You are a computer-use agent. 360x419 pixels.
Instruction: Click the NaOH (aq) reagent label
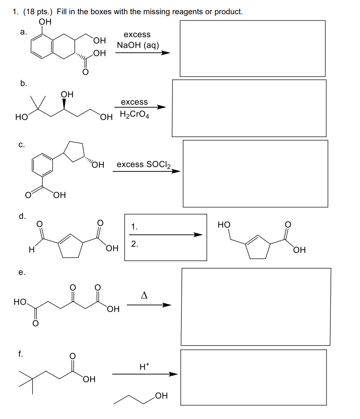click(x=138, y=45)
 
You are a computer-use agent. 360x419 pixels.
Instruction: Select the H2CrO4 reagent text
click(x=134, y=114)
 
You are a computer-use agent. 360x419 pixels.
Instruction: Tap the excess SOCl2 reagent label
click(x=144, y=164)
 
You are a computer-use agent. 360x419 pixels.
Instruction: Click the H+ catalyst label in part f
click(x=145, y=366)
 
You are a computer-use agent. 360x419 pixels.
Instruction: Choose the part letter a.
click(x=23, y=32)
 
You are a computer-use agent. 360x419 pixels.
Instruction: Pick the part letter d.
click(x=22, y=216)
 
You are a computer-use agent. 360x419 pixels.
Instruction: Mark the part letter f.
click(x=21, y=354)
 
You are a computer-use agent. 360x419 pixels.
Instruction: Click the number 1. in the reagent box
click(x=134, y=227)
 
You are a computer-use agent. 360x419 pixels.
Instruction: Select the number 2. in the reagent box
click(x=135, y=244)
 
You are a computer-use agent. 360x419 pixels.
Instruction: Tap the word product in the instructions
click(x=228, y=12)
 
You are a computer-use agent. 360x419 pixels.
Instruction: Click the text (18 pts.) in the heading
click(x=38, y=12)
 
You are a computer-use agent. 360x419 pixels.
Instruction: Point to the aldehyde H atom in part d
click(x=31, y=249)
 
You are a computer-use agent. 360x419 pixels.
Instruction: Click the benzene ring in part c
click(x=32, y=165)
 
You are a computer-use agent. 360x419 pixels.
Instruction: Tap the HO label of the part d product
click(x=224, y=225)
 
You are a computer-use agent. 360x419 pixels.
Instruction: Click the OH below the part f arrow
click(x=161, y=395)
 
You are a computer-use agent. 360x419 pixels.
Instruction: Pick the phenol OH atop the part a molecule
click(x=45, y=22)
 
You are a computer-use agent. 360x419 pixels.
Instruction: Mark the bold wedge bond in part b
click(x=64, y=104)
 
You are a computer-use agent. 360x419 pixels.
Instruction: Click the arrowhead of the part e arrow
click(x=167, y=305)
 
